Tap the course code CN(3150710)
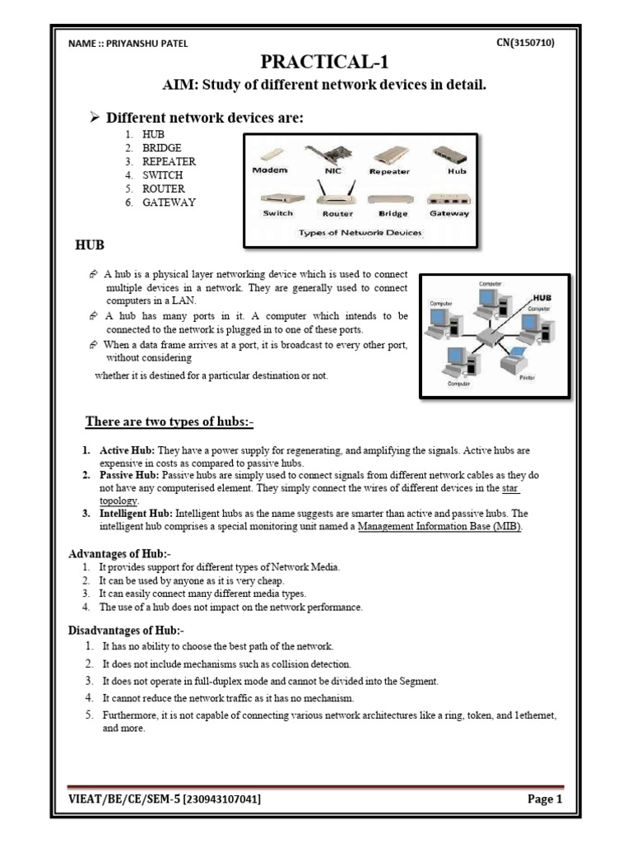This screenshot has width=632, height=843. click(x=526, y=43)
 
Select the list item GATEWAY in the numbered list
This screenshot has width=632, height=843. click(x=169, y=202)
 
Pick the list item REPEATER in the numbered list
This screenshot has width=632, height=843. click(x=169, y=161)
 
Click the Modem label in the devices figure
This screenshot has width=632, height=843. click(x=270, y=170)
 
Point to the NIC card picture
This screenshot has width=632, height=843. click(x=326, y=156)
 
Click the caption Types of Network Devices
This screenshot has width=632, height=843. click(x=360, y=232)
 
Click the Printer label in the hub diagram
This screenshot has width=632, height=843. click(x=527, y=377)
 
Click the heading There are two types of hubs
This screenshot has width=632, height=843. click(x=170, y=422)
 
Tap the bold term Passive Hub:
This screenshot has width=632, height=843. click(x=130, y=476)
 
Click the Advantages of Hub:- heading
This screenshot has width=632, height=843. click(x=119, y=554)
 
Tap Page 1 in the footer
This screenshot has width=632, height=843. click(x=545, y=799)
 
